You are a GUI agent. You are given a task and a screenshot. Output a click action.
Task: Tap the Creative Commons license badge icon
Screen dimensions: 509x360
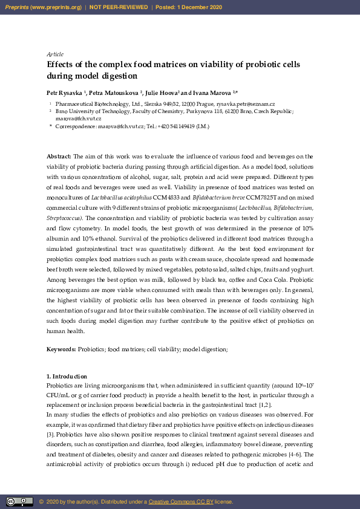coord(19,501)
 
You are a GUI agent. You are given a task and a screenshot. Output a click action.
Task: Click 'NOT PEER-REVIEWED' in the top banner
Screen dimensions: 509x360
coord(119,7)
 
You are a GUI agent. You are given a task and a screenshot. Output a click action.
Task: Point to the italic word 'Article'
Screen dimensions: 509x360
coord(54,54)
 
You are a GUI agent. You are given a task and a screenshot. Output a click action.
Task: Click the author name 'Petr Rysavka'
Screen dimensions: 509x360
coord(65,93)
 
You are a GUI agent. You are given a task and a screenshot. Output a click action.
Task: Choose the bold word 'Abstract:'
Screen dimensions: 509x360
coord(59,157)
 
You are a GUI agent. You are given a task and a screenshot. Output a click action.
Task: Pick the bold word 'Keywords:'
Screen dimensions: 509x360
coord(61,349)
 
